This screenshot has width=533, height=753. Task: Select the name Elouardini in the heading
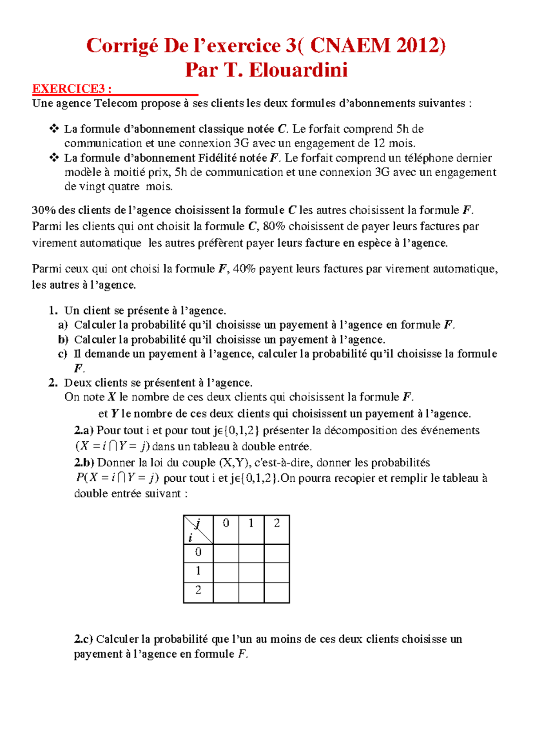coord(298,70)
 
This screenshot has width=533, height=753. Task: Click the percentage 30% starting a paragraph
coord(44,210)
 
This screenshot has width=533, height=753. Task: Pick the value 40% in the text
coord(244,269)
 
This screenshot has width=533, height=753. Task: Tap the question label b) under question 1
coord(63,340)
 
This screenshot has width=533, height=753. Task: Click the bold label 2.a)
coord(84,430)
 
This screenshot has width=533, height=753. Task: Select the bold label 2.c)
coord(84,639)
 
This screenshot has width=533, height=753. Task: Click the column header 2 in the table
coord(277,523)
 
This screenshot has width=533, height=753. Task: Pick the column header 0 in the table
coord(226,523)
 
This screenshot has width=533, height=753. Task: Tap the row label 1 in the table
coord(198,571)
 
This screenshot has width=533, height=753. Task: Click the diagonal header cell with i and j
coord(198,530)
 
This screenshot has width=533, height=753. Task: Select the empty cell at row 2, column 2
coord(277,591)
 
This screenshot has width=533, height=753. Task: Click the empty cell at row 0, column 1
coord(251,553)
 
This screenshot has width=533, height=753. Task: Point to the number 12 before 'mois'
coord(379,143)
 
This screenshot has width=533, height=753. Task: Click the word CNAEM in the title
coord(350,46)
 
